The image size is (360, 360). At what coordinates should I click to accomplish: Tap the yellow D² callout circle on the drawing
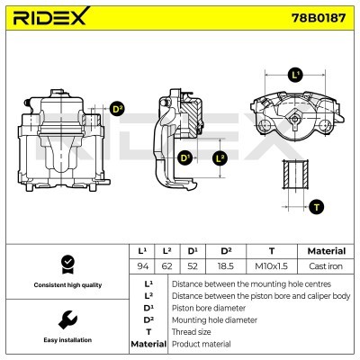(117, 111)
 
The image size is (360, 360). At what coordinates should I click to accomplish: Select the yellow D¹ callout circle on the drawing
(186, 159)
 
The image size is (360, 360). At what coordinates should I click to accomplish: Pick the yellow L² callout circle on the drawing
(220, 159)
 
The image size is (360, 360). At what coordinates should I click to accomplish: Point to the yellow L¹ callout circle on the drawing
(294, 75)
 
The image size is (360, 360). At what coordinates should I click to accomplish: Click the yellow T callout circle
(316, 207)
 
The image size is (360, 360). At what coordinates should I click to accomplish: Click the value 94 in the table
(141, 267)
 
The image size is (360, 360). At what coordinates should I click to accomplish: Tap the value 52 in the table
(191, 267)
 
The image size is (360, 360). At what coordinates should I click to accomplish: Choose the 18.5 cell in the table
(226, 267)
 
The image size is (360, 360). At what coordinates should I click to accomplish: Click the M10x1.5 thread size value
(272, 267)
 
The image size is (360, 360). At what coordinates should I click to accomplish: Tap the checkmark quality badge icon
(65, 263)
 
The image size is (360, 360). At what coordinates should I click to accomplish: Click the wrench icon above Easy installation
(65, 319)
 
